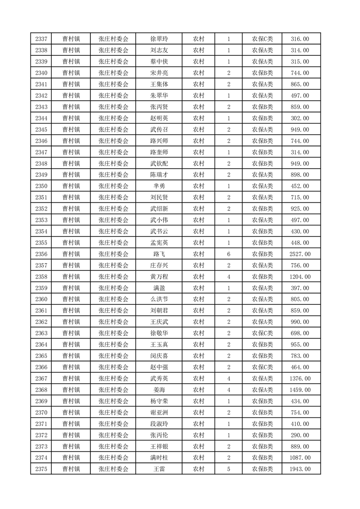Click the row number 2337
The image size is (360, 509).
click(x=41, y=39)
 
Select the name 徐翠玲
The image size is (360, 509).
click(x=159, y=39)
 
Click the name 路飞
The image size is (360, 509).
click(x=159, y=254)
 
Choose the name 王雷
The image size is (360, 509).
click(x=159, y=469)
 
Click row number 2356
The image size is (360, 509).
click(x=41, y=254)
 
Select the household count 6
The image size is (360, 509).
click(x=229, y=254)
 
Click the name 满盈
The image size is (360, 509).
click(x=159, y=288)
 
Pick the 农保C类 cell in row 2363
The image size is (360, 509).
click(x=262, y=333)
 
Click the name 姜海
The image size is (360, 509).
click(x=159, y=390)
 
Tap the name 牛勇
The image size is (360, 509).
click(x=159, y=186)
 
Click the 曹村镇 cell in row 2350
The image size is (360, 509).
click(x=71, y=186)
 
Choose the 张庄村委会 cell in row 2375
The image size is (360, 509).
click(x=113, y=469)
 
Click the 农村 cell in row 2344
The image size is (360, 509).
click(x=198, y=118)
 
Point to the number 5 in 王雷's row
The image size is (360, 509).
click(x=229, y=469)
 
